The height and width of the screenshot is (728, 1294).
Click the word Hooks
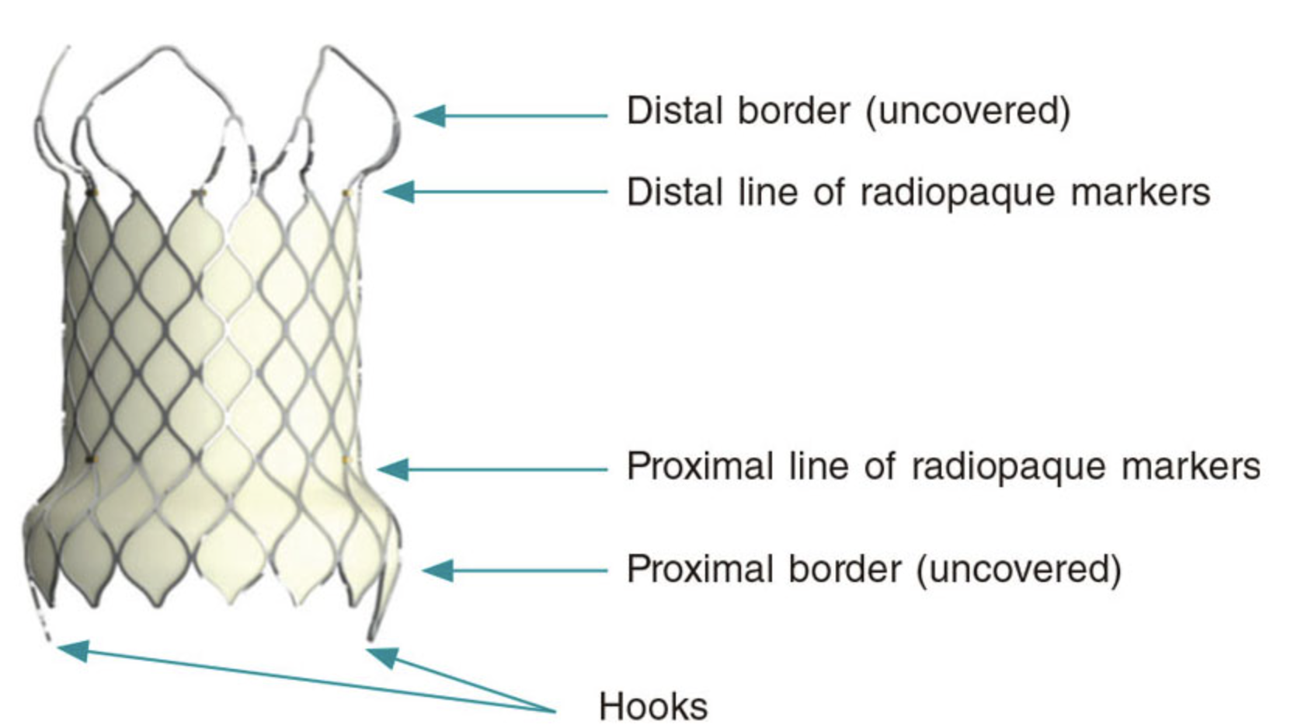(652, 706)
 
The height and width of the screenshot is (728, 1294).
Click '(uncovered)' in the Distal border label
(968, 111)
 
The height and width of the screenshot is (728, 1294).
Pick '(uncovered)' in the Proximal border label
(1018, 570)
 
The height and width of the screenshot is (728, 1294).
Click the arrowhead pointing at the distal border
(430, 116)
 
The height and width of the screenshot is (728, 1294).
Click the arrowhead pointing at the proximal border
(437, 571)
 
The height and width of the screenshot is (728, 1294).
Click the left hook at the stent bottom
(43, 622)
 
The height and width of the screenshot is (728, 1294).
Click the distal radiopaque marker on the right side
(346, 193)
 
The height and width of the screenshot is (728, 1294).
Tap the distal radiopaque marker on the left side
(92, 192)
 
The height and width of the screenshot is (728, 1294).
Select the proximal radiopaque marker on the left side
(91, 460)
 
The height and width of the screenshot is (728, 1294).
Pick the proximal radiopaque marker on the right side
(347, 460)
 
